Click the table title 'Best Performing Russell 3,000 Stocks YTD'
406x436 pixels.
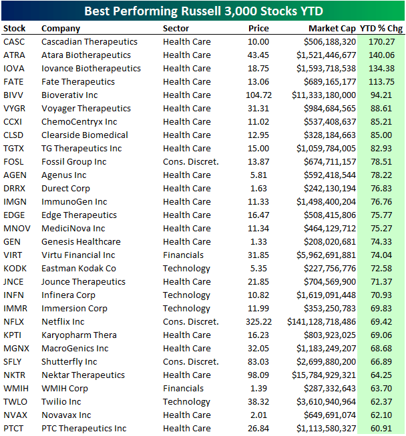(202, 11)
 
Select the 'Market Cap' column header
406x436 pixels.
(332, 29)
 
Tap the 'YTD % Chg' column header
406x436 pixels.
(381, 29)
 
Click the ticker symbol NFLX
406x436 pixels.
(14, 321)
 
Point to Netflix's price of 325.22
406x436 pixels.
(258, 321)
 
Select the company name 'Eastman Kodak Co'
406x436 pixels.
(79, 268)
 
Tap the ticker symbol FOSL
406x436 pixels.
(13, 161)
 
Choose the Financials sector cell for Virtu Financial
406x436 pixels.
(183, 255)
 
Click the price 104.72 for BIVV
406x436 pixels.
(258, 95)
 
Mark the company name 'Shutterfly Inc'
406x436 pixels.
(69, 361)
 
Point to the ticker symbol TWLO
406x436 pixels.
(15, 401)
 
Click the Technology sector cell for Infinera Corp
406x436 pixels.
(186, 295)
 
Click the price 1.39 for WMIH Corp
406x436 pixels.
(261, 388)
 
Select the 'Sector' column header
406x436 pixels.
(176, 29)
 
